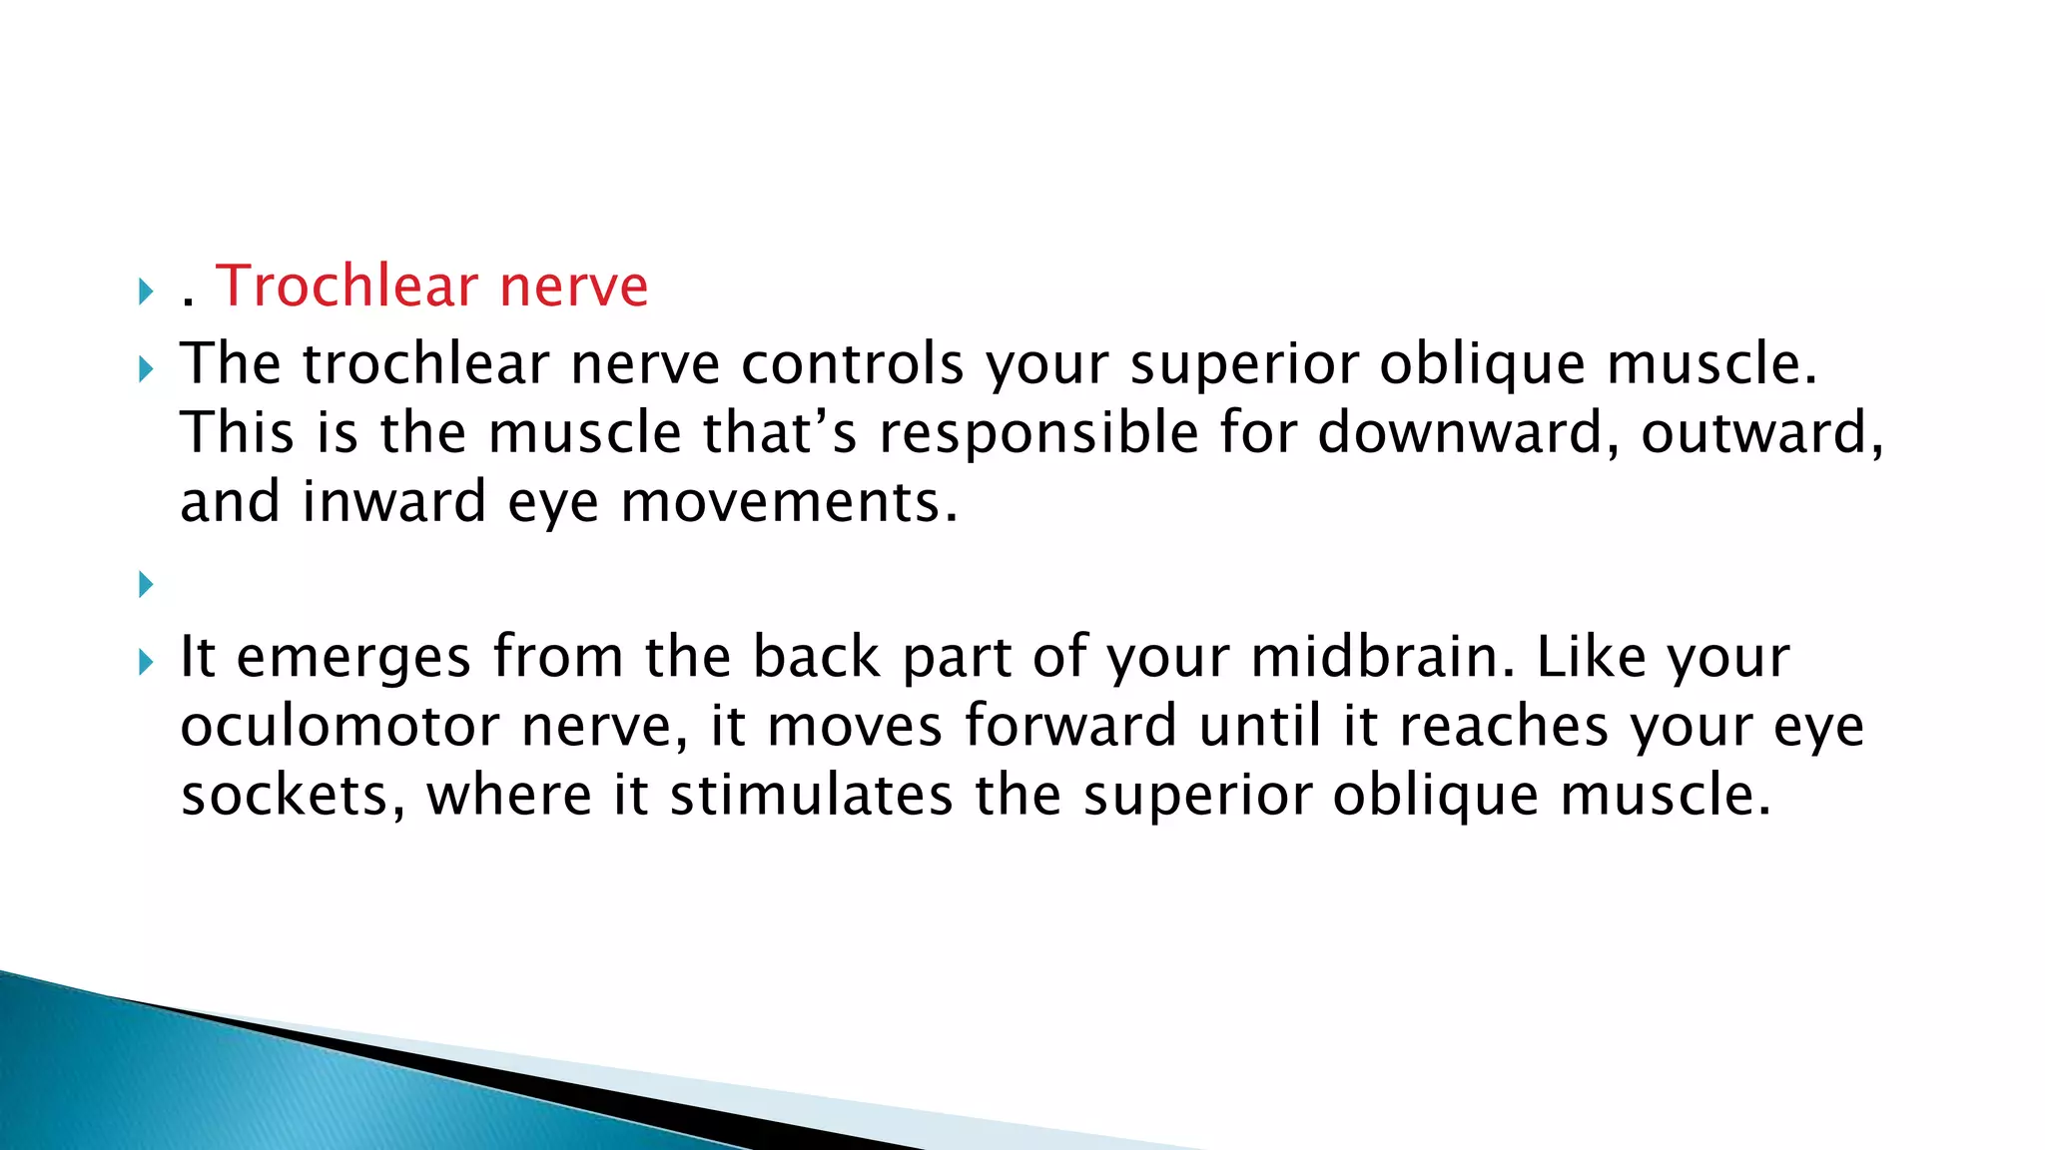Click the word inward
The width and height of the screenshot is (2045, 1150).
point(393,501)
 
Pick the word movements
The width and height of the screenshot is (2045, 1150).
point(789,501)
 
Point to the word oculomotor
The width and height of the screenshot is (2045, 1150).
point(340,727)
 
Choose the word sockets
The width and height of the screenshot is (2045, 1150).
point(293,796)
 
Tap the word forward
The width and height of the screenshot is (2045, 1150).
point(1070,726)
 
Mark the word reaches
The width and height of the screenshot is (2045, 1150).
point(1504,726)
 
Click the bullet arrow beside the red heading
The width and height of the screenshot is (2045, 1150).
point(146,292)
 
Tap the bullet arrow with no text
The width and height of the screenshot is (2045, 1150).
point(146,584)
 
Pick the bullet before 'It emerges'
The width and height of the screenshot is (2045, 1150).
point(146,662)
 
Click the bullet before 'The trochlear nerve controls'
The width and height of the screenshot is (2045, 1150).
point(146,370)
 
